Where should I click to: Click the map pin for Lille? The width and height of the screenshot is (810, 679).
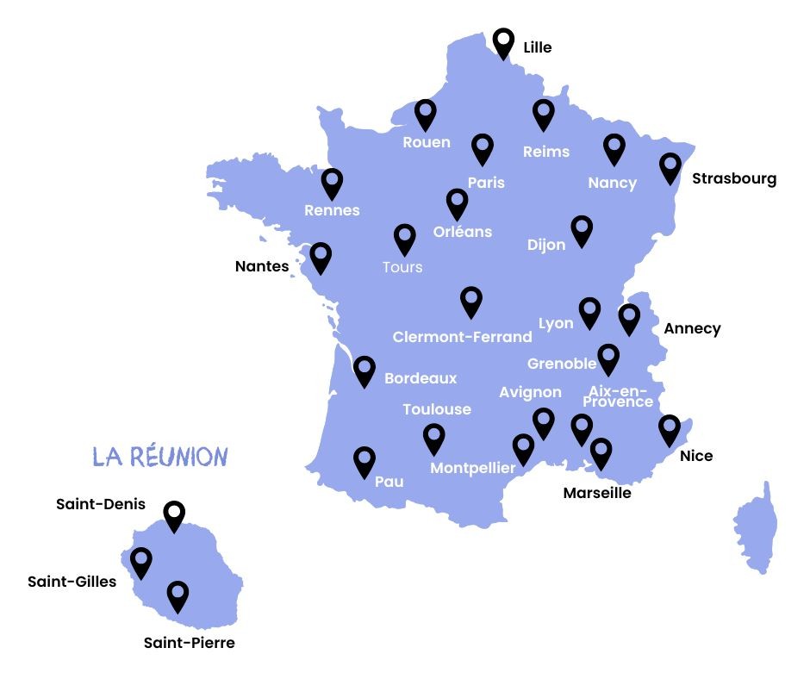tap(503, 41)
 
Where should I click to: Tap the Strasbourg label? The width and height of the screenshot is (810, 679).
tap(733, 179)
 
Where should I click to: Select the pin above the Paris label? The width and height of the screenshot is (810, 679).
tap(483, 147)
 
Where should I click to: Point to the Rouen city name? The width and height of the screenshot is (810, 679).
tap(427, 142)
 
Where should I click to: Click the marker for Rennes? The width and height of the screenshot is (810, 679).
tap(332, 182)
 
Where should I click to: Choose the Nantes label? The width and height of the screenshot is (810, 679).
tap(262, 266)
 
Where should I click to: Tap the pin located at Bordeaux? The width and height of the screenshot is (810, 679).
tap(364, 370)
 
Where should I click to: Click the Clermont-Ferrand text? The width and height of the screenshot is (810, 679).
tap(462, 337)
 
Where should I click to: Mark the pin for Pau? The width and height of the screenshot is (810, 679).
tap(364, 460)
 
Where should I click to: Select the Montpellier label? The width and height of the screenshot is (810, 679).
tap(472, 469)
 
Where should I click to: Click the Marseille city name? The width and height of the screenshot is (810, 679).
tap(597, 493)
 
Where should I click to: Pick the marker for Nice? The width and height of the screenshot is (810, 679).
tap(670, 428)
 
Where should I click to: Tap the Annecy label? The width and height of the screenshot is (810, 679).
tap(692, 328)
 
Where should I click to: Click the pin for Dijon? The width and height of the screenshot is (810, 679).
tap(583, 229)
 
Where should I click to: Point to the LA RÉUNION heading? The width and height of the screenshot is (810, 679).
tap(160, 457)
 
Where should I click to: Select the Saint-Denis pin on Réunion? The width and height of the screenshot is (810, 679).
tap(175, 514)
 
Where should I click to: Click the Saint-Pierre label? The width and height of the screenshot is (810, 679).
tap(189, 643)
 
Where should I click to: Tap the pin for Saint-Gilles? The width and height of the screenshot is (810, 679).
tap(140, 561)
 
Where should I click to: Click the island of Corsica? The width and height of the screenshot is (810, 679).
tap(757, 526)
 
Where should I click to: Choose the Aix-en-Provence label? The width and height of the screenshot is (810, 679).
tap(618, 396)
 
